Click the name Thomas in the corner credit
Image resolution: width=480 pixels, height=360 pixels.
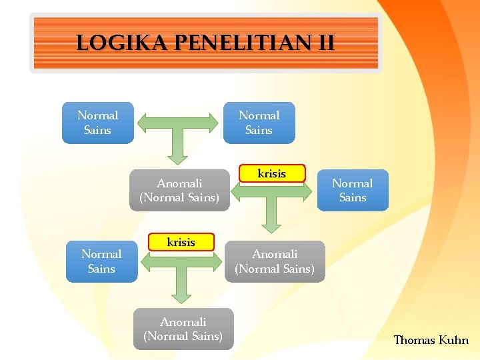coord(414,340)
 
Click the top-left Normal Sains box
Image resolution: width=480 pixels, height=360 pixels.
coord(97,123)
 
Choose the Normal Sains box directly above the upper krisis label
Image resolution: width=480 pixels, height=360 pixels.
coord(259,123)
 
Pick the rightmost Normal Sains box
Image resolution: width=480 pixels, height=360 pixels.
coord(352,191)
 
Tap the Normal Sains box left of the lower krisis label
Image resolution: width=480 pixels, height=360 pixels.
coord(101,261)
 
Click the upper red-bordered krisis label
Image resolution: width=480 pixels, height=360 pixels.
coord(271,173)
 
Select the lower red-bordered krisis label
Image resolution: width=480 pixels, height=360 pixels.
coord(181,242)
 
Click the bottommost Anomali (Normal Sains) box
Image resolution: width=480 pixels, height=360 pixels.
coord(183,329)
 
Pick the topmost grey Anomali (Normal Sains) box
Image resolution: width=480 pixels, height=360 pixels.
coord(179,190)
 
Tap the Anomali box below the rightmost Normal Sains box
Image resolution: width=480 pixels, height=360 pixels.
coord(275,261)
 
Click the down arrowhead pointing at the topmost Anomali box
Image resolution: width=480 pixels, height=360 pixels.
coord(178,157)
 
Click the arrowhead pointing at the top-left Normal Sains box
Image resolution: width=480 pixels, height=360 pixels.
coord(144,123)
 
